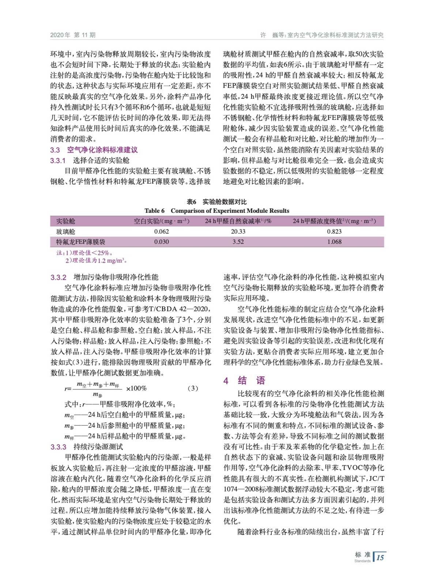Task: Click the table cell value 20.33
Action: click(238, 231)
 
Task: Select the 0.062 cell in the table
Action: click(161, 231)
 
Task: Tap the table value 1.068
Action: click(334, 242)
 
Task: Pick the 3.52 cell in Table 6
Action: click(238, 242)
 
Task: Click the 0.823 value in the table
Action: click(334, 231)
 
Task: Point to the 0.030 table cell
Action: click(161, 242)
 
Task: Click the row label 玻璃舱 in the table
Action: click(66, 231)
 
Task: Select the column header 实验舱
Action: click(66, 221)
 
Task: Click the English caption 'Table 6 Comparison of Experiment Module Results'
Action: click(217, 211)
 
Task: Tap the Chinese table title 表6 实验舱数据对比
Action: click(217, 202)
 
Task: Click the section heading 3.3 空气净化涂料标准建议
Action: click(94, 150)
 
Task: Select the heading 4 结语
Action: click(244, 381)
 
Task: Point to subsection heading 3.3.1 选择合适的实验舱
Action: click(90, 161)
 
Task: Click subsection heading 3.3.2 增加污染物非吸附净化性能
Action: click(105, 277)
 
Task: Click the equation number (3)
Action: click(193, 388)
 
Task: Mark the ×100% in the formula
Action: click(136, 388)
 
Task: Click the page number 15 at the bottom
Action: click(380, 558)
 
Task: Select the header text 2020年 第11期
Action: click(73, 35)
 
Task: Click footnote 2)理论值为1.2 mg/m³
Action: click(96, 261)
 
